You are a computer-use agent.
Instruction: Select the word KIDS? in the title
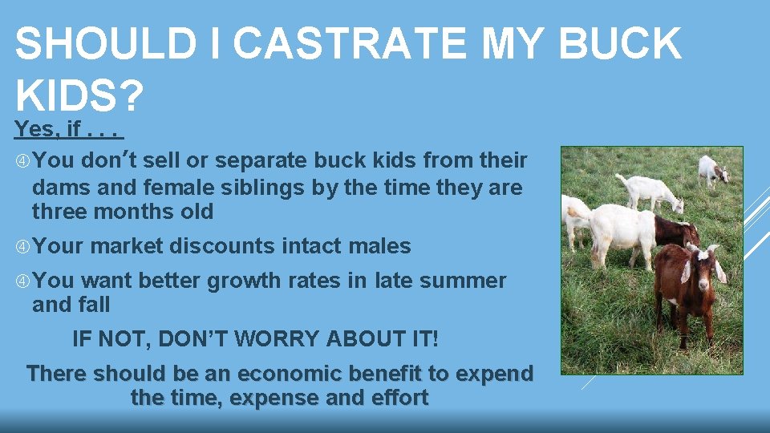[x=79, y=96]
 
